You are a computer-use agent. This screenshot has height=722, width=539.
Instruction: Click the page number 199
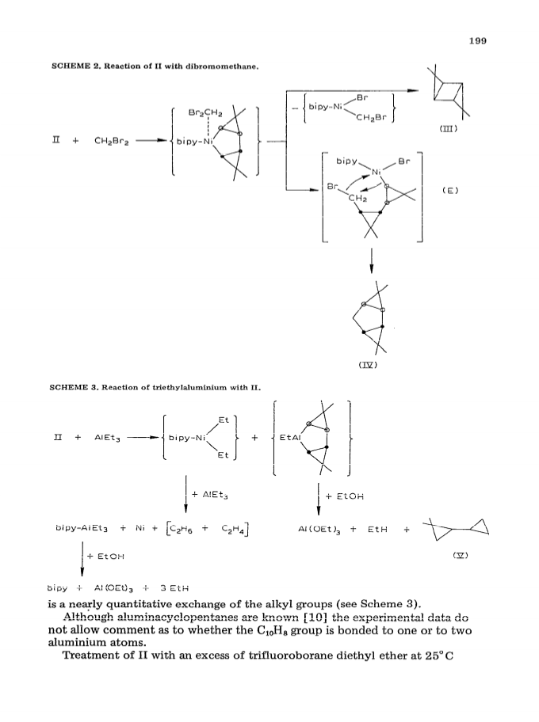click(x=478, y=41)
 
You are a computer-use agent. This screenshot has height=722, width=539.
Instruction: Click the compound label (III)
click(x=448, y=129)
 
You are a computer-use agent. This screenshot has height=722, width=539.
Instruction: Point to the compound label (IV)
click(x=368, y=365)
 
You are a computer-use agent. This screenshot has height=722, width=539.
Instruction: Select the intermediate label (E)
click(x=450, y=190)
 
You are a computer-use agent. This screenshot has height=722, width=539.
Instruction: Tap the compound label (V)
click(x=461, y=555)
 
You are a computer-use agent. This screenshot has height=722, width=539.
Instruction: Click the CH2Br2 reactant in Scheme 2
click(x=112, y=141)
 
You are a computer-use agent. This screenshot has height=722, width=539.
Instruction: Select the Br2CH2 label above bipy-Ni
click(x=205, y=113)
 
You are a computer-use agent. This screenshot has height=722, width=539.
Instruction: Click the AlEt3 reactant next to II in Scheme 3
click(x=108, y=438)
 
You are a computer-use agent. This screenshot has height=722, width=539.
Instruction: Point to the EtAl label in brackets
click(x=290, y=438)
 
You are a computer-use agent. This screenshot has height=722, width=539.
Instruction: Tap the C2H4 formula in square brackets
click(x=233, y=529)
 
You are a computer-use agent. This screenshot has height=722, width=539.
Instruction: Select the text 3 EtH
click(x=174, y=588)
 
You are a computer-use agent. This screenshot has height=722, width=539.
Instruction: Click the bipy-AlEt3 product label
click(x=82, y=529)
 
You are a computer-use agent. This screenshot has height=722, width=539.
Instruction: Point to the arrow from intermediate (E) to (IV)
click(x=372, y=260)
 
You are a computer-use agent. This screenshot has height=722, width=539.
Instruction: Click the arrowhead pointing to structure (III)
click(x=414, y=91)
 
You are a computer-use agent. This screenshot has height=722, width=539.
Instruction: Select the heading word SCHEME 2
click(x=77, y=66)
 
